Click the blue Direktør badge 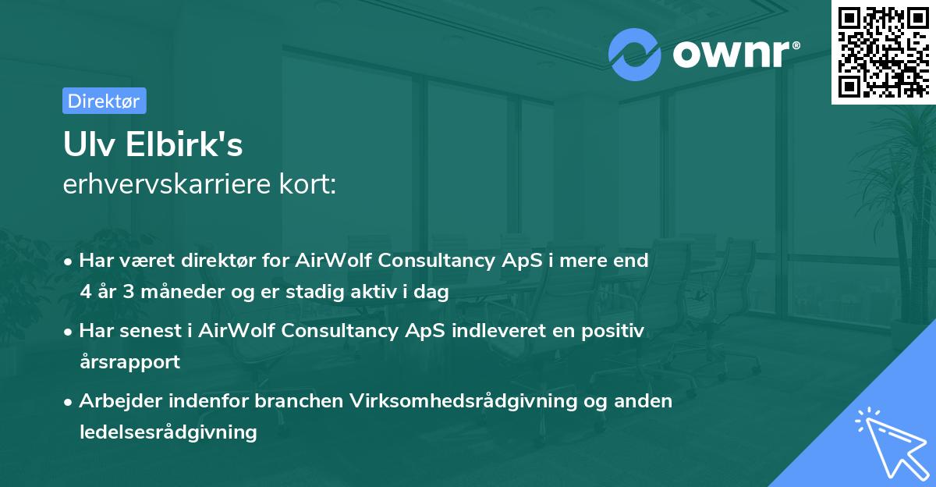tap(104, 101)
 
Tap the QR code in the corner tap(883, 52)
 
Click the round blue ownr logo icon tap(635, 54)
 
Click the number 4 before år tap(85, 292)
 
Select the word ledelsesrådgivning tap(168, 432)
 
